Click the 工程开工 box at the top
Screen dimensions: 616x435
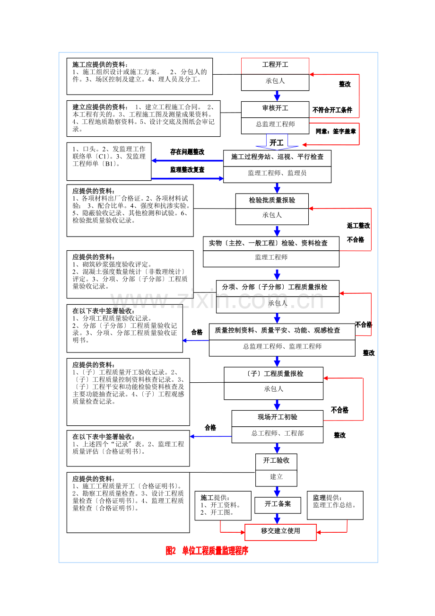(275, 65)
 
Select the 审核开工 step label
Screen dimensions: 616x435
(275, 108)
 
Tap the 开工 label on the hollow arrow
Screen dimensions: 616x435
(276, 142)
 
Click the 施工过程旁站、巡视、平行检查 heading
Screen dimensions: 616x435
(277, 157)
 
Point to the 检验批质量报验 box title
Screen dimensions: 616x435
(272, 200)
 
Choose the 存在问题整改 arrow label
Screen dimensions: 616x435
(187, 152)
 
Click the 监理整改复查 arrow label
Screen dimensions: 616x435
(187, 169)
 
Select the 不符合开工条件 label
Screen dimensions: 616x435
(332, 110)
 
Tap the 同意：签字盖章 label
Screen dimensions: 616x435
(336, 131)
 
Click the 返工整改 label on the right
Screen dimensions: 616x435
(358, 226)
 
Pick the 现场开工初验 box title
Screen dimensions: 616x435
(278, 417)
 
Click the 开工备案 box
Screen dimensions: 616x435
(278, 504)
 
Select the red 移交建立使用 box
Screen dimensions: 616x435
(280, 531)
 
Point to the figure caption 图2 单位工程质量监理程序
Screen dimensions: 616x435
(207, 551)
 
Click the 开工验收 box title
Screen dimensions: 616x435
(276, 460)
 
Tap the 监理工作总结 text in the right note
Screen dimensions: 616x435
(335, 505)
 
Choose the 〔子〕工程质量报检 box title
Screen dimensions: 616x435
(274, 374)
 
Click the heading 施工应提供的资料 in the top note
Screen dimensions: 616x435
(100, 64)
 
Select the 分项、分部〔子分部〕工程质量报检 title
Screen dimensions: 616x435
(278, 287)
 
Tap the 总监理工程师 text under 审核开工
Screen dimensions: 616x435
(275, 124)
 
